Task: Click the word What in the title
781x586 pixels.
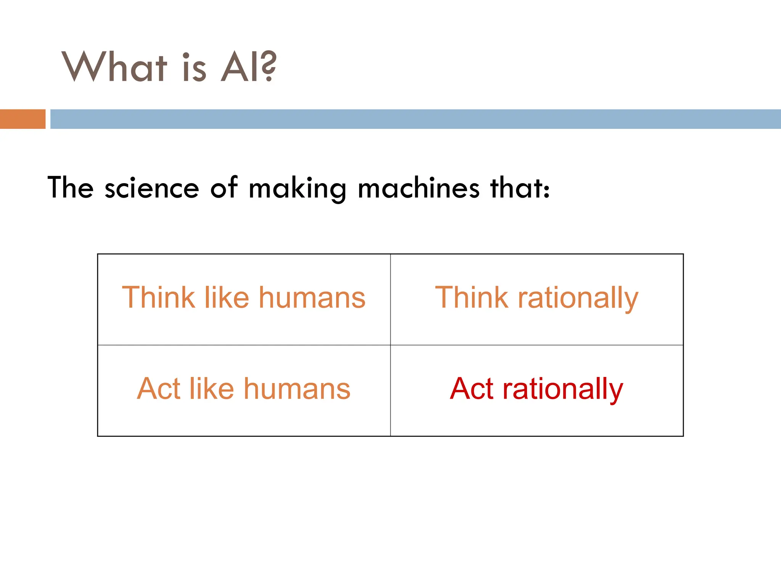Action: (x=114, y=67)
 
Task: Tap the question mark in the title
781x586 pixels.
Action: (x=269, y=66)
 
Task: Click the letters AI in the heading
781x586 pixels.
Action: (x=240, y=67)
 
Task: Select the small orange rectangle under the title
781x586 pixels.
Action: (x=22, y=119)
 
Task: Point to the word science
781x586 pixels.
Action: (x=152, y=188)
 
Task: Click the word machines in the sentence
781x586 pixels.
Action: (x=418, y=188)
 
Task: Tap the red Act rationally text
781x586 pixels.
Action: (x=536, y=390)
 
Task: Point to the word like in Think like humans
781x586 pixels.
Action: (x=227, y=297)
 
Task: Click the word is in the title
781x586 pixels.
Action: (x=194, y=67)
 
